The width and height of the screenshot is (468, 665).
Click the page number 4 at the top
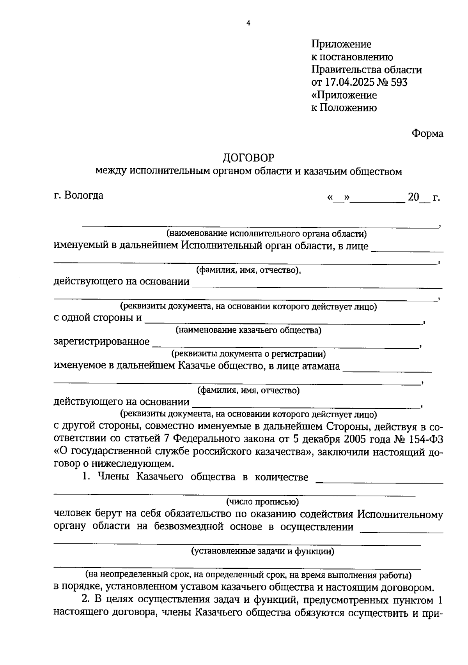click(x=248, y=23)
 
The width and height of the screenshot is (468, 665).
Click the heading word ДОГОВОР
click(x=248, y=157)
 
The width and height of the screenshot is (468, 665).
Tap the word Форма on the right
click(x=427, y=133)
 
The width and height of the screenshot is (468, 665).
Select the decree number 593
click(x=398, y=82)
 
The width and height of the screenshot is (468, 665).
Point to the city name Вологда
click(x=84, y=195)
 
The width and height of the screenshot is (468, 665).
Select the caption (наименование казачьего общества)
click(x=248, y=330)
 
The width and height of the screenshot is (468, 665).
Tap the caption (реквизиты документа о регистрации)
click(x=248, y=354)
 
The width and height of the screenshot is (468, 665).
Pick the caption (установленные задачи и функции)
click(x=262, y=551)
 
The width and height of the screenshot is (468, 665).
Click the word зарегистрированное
click(x=101, y=342)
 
